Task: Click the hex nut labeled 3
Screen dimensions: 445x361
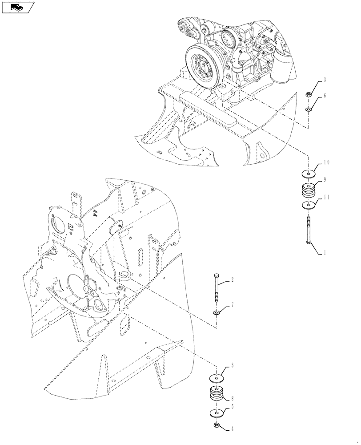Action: point(307,94)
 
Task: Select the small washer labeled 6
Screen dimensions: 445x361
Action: point(307,109)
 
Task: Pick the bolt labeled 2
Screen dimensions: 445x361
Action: point(216,291)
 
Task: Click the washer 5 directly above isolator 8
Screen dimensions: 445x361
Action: point(216,378)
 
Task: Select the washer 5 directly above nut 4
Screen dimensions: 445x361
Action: point(216,413)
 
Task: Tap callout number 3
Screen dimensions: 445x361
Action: point(325,80)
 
